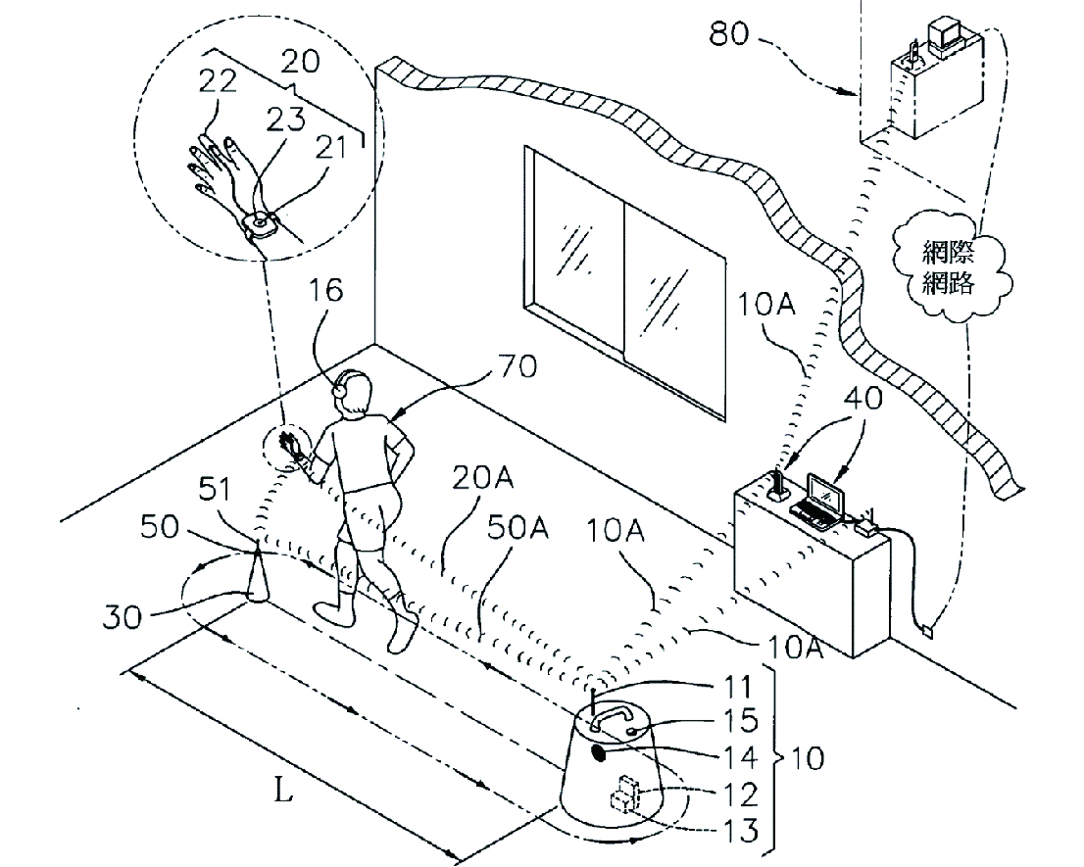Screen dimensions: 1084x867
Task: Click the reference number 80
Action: tap(728, 32)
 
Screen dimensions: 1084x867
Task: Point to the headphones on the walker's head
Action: tap(341, 384)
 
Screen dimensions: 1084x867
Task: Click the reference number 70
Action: tap(517, 365)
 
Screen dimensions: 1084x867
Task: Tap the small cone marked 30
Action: tap(257, 577)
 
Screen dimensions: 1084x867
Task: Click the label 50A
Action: tap(517, 528)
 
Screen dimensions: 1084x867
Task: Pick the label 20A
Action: tap(482, 477)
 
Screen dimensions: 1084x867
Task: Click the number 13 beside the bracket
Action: tap(739, 830)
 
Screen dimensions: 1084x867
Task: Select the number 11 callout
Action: tap(737, 688)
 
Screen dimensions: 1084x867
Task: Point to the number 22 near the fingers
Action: tap(218, 81)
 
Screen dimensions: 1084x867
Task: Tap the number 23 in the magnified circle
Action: tap(285, 119)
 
